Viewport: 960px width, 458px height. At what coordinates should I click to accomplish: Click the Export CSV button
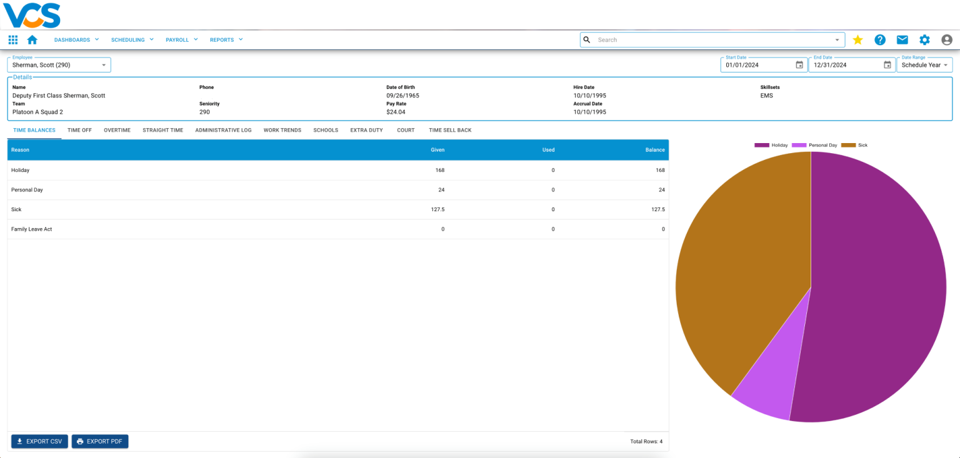(x=39, y=442)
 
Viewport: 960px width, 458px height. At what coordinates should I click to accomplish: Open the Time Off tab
(x=79, y=130)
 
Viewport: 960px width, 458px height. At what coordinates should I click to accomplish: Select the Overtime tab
(x=117, y=130)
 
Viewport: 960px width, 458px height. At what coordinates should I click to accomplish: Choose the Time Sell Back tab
(x=450, y=130)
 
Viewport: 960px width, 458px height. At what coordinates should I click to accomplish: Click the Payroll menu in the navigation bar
(x=181, y=40)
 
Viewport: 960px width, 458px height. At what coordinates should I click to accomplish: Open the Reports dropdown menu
(x=226, y=40)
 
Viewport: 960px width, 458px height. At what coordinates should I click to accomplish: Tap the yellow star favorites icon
(x=857, y=40)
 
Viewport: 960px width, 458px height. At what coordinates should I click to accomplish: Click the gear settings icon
(x=924, y=40)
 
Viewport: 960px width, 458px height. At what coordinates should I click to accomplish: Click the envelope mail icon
(x=902, y=40)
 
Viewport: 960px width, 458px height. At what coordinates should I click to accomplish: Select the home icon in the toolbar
(x=32, y=40)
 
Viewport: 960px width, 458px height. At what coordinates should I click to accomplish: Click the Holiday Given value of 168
(x=440, y=170)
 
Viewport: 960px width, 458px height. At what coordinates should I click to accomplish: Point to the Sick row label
(x=16, y=209)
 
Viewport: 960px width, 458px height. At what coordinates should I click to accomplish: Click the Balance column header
(x=655, y=150)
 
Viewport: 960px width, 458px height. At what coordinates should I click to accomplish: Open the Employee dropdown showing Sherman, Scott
(x=59, y=65)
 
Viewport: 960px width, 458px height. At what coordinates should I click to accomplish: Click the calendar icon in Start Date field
(x=799, y=65)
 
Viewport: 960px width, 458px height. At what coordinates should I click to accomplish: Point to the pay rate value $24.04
(x=396, y=112)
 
